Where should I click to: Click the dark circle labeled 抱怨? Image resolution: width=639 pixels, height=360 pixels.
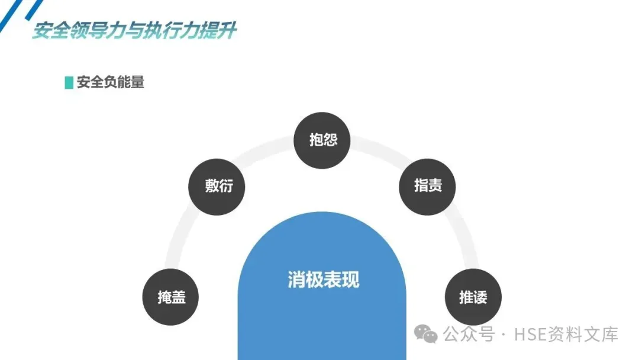(322, 140)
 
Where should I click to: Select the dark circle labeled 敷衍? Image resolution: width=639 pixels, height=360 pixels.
(217, 187)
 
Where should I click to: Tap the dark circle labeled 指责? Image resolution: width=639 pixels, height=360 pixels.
(428, 186)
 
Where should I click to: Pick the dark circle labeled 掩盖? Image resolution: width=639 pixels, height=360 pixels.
(171, 297)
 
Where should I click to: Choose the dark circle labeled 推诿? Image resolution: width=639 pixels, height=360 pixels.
(473, 297)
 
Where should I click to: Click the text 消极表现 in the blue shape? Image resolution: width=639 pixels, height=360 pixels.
(323, 279)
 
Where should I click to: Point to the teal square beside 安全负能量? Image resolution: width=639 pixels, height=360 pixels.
(69, 82)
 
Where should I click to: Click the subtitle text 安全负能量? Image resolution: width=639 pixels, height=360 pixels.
(111, 82)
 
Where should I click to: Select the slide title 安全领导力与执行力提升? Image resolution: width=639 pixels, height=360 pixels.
(134, 31)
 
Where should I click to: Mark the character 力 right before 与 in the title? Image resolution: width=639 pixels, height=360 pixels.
(117, 31)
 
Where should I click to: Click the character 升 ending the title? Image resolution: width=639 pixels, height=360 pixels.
(227, 31)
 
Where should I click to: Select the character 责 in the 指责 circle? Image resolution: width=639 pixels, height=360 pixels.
(435, 186)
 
